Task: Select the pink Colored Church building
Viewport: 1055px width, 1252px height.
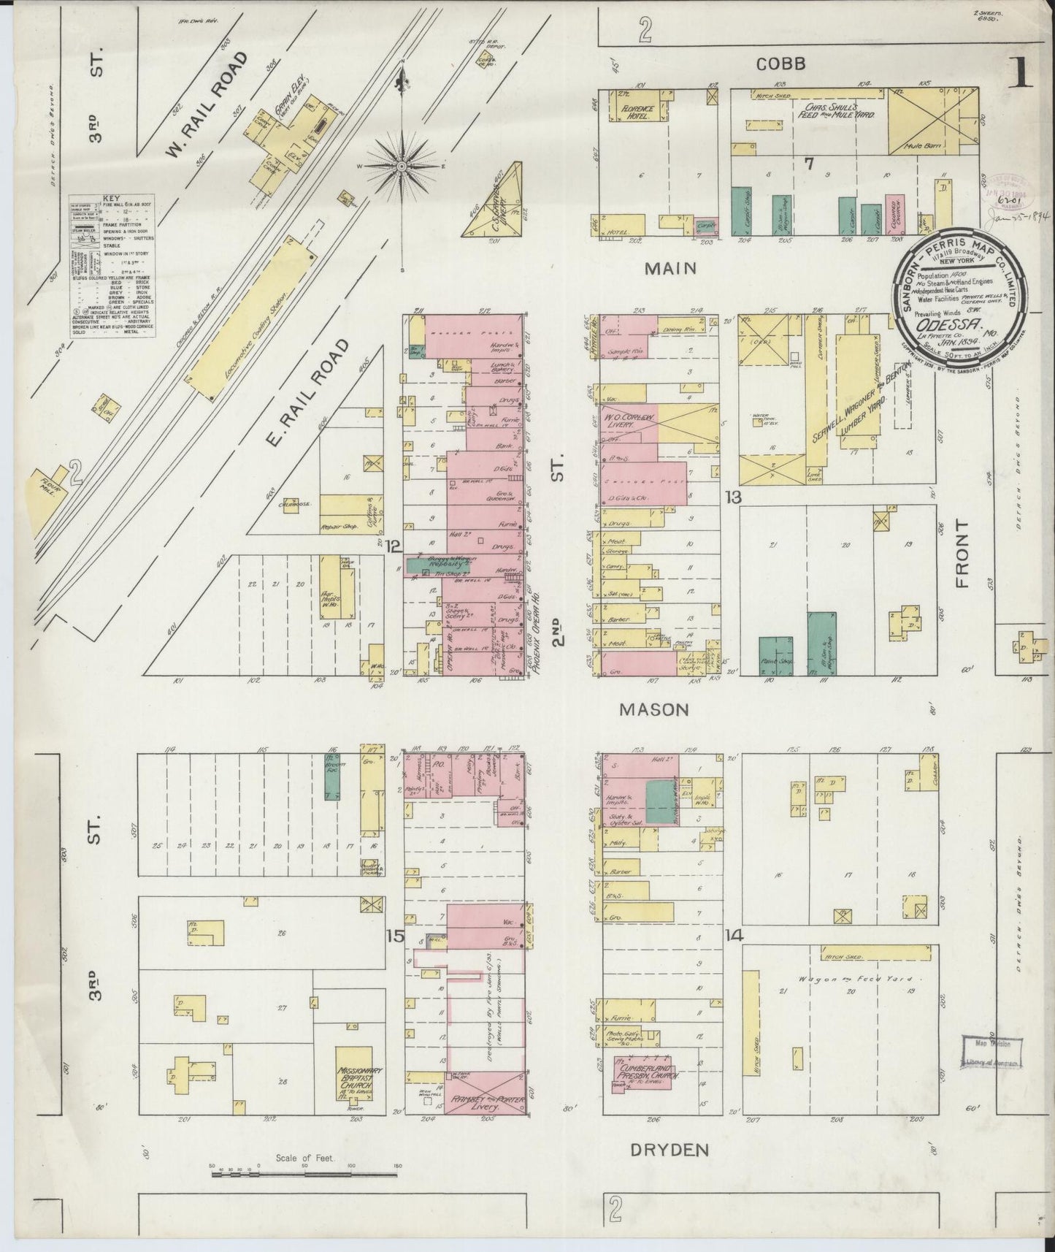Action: point(896,214)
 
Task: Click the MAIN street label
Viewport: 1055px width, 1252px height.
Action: point(670,268)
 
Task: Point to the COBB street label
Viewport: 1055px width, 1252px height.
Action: point(780,64)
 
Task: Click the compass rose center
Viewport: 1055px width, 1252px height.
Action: point(402,167)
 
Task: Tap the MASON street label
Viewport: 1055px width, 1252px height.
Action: point(654,709)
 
